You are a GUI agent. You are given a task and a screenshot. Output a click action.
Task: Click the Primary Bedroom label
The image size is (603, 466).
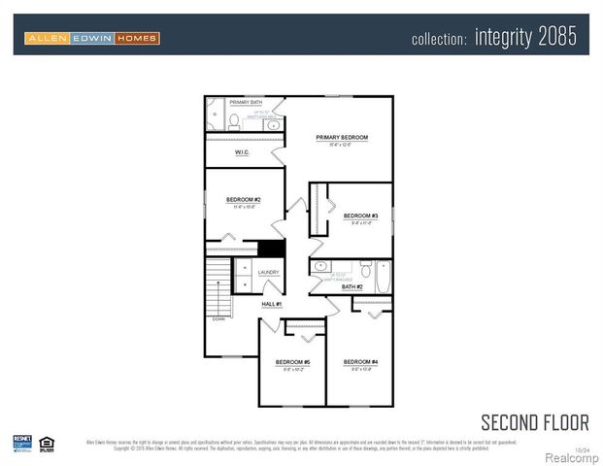pos(341,138)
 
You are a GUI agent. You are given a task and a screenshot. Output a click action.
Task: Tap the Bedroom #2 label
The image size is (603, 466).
pos(243,199)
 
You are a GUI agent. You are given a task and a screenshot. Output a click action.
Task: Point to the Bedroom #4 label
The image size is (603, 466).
pos(360,362)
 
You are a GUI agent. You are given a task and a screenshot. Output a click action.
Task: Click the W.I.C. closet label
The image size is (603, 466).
pos(243,153)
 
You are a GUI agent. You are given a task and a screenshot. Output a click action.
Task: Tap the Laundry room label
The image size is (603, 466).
pos(268,273)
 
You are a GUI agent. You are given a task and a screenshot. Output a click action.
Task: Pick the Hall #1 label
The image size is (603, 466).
pos(271,305)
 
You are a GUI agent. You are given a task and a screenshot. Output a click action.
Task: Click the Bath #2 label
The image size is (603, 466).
pos(352,286)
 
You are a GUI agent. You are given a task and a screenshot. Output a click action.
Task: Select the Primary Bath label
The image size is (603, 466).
pos(246,102)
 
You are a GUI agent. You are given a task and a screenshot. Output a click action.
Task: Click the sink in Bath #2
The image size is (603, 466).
pos(321,265)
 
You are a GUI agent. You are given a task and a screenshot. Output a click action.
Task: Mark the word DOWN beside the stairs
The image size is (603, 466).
pos(219,317)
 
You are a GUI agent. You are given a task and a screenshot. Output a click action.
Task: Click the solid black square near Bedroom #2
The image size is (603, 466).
pos(271,248)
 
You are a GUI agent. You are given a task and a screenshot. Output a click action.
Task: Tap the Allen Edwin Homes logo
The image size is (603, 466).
pos(92,38)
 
